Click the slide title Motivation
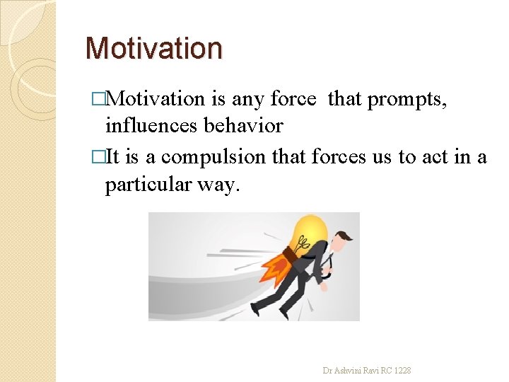click(153, 48)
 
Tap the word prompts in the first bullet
click(405, 100)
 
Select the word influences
click(151, 126)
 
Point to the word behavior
click(243, 126)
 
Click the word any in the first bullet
click(248, 100)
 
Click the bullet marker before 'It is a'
click(106, 157)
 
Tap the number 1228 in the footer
click(403, 370)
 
